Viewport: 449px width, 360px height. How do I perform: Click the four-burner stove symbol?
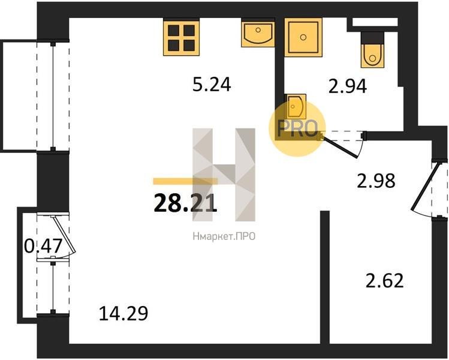pyautogui.click(x=181, y=37)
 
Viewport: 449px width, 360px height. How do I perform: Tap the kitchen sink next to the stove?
pyautogui.click(x=258, y=32)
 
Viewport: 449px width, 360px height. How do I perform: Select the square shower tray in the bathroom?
pyautogui.click(x=303, y=37)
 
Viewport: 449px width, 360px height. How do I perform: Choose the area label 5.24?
pyautogui.click(x=212, y=85)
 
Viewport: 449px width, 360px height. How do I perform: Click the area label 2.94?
pyautogui.click(x=347, y=86)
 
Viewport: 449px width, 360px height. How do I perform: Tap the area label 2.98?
pyautogui.click(x=376, y=181)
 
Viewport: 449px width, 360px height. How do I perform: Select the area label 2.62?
pyautogui.click(x=385, y=281)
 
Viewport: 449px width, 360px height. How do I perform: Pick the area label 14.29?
pyautogui.click(x=123, y=313)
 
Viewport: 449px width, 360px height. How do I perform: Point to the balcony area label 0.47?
pyautogui.click(x=43, y=246)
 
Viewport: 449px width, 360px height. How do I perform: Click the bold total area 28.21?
pyautogui.click(x=186, y=203)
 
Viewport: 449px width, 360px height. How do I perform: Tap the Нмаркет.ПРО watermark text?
pyautogui.click(x=224, y=237)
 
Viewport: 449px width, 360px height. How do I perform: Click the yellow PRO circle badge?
pyautogui.click(x=297, y=128)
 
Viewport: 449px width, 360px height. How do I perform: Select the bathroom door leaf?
pyautogui.click(x=340, y=147)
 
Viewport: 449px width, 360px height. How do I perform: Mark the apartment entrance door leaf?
pyautogui.click(x=423, y=187)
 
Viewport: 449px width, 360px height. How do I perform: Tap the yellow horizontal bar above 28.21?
pyautogui.click(x=186, y=181)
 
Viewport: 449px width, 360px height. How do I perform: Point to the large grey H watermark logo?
pyautogui.click(x=224, y=175)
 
